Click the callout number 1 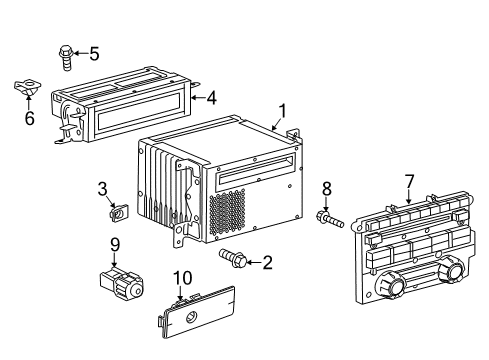point(282,111)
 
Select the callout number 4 point(212,98)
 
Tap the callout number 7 point(409,182)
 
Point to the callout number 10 point(183,278)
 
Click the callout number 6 point(30,118)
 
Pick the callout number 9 point(115,245)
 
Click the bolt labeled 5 point(66,57)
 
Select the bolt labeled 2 point(233,258)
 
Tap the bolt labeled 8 point(330,219)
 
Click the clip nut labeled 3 point(119,212)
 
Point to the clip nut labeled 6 point(27,87)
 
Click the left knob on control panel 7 point(389,285)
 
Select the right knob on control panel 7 point(450,269)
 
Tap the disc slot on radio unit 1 point(256,170)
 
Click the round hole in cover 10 point(191,318)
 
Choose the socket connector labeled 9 point(121,282)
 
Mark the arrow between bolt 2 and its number point(254,263)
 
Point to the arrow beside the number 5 point(80,53)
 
